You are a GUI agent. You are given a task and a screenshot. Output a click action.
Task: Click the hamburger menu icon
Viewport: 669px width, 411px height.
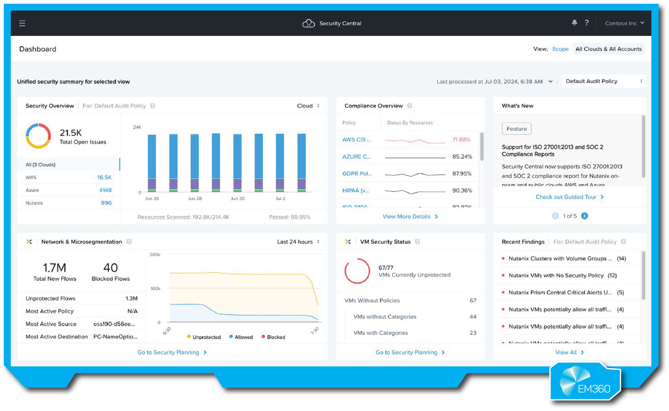click(x=22, y=23)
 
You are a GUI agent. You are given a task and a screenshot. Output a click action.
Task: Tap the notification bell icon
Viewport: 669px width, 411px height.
click(x=574, y=23)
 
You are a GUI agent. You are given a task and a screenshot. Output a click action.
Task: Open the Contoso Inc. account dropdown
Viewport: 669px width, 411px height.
click(x=624, y=23)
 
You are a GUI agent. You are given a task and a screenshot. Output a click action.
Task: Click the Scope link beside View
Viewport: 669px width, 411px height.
click(x=560, y=49)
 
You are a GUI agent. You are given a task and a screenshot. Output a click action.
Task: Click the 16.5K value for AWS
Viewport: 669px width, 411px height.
click(x=104, y=177)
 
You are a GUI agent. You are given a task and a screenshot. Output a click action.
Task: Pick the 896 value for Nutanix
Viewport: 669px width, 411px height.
click(x=106, y=203)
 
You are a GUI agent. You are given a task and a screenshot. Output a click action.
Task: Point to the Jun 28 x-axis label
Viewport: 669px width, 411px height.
click(x=195, y=199)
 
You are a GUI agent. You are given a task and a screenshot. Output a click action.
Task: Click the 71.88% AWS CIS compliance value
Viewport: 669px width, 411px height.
click(x=461, y=140)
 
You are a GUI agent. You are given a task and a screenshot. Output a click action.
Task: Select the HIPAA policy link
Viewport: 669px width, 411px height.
click(x=356, y=190)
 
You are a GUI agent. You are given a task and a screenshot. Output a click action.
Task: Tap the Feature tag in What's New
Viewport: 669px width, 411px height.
click(x=516, y=129)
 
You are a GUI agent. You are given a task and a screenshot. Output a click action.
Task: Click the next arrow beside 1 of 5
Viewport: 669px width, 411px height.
click(x=584, y=216)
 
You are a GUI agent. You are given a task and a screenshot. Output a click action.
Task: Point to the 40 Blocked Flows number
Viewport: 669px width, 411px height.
click(x=111, y=268)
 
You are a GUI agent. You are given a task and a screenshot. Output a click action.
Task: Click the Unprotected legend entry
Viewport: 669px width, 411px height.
click(x=204, y=337)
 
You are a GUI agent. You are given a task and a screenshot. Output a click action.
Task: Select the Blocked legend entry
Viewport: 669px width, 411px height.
click(x=273, y=337)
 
